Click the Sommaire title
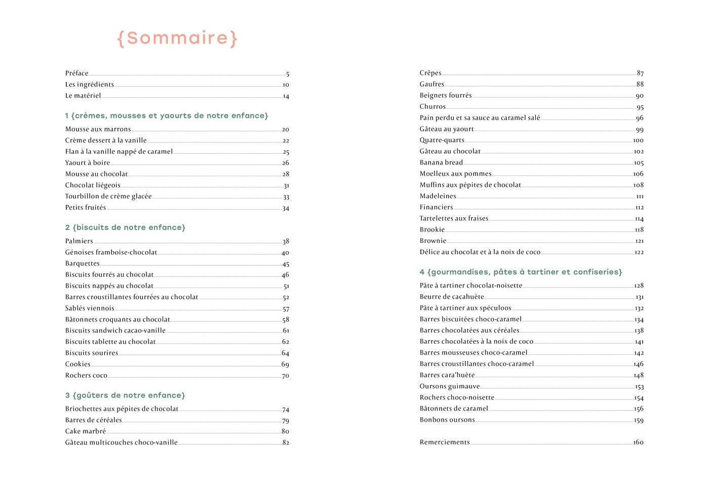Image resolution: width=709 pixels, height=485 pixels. click(177, 38)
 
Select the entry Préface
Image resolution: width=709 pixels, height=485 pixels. click(77, 73)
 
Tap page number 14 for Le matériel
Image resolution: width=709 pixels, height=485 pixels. click(286, 96)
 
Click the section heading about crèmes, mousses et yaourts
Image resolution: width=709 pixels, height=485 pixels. click(167, 116)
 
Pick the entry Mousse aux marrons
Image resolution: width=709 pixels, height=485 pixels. click(98, 130)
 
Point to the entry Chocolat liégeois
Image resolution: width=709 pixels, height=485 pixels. click(93, 185)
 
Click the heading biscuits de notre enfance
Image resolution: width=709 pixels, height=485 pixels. click(125, 228)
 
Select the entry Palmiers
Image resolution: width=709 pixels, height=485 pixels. click(79, 241)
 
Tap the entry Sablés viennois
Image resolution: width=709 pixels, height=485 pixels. click(90, 308)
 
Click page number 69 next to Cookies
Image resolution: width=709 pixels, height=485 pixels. click(285, 365)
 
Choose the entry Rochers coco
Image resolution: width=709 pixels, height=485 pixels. click(86, 376)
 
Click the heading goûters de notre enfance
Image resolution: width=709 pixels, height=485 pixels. click(125, 395)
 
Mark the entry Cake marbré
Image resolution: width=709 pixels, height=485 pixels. click(86, 431)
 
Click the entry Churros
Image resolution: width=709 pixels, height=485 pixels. click(432, 107)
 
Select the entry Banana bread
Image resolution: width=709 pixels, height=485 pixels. click(441, 163)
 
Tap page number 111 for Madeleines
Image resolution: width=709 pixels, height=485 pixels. click(640, 196)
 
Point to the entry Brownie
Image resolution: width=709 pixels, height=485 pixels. click(433, 241)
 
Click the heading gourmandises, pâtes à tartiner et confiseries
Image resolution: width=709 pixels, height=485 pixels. click(521, 272)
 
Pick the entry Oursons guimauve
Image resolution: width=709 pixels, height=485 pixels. click(450, 386)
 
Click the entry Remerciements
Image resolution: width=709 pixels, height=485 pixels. click(445, 442)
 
